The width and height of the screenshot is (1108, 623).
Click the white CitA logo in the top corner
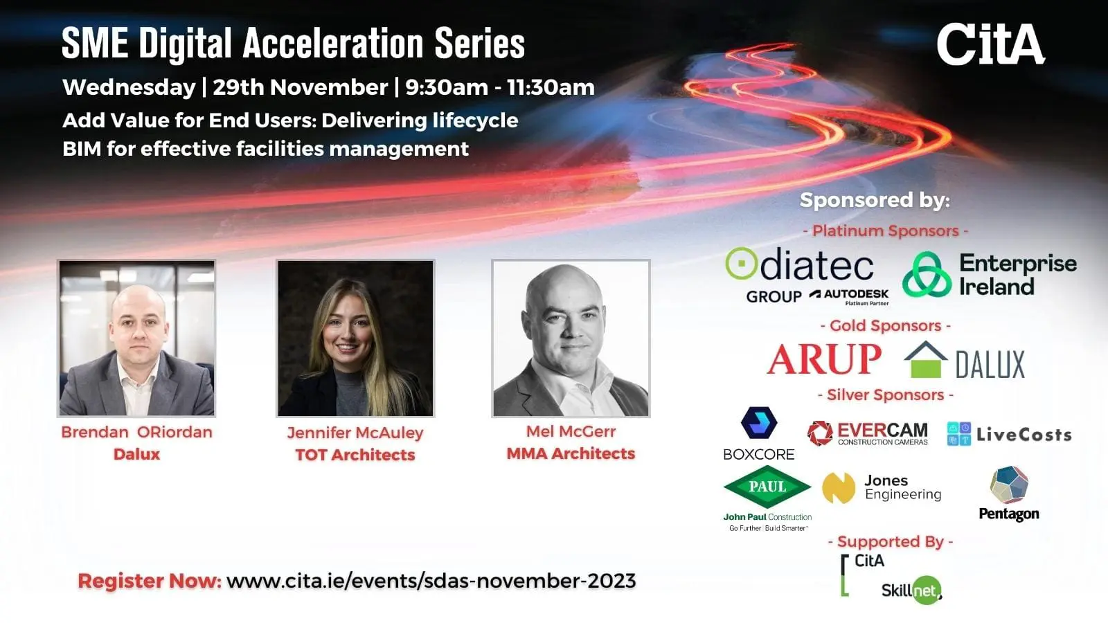click(991, 44)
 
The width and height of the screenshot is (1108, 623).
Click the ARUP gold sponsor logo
click(824, 359)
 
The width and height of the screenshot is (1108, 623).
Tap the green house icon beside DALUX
click(925, 360)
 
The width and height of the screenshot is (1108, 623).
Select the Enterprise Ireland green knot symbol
click(927, 274)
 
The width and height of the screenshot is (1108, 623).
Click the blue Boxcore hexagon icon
click(759, 423)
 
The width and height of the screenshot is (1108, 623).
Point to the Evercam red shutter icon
click(820, 433)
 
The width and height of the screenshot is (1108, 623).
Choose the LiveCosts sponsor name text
click(1024, 435)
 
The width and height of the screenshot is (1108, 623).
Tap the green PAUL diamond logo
click(767, 487)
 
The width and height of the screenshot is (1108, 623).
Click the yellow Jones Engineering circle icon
click(839, 488)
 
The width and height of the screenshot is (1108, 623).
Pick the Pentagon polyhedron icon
click(1009, 485)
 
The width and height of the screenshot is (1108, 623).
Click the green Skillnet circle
click(927, 590)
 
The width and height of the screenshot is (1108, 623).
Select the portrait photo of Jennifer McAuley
click(355, 338)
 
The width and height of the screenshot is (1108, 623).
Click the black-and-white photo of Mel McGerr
click(571, 338)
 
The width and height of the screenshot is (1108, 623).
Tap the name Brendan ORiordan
click(137, 432)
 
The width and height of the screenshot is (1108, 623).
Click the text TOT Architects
click(355, 455)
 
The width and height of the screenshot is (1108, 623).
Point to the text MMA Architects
click(571, 453)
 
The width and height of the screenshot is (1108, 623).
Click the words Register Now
click(150, 581)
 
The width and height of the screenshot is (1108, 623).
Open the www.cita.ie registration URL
click(431, 581)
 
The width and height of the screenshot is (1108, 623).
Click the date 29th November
click(301, 87)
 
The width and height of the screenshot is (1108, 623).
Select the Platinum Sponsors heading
click(886, 231)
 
